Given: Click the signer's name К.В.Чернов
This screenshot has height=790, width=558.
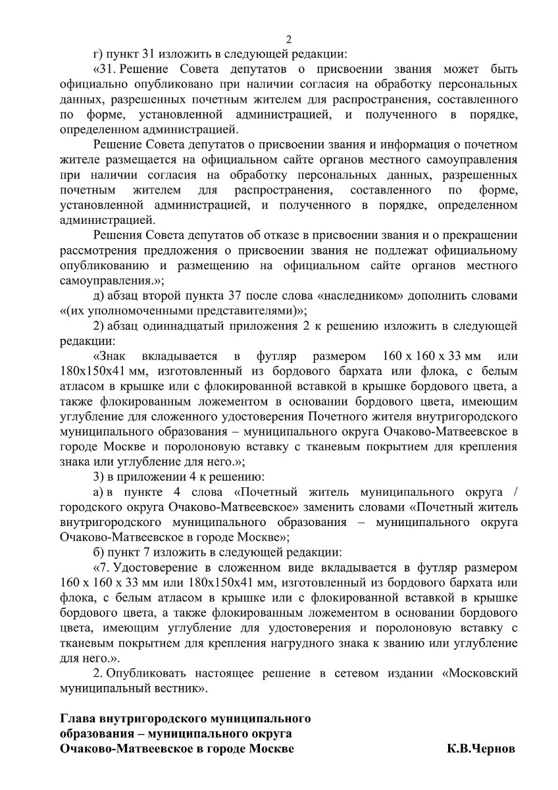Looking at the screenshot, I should click(482, 749).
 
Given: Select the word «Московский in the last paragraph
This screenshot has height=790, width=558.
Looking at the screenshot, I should click(480, 673).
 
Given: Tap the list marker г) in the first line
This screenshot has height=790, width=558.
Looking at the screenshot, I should click(99, 54).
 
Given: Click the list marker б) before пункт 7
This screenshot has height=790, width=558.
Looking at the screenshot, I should click(100, 552).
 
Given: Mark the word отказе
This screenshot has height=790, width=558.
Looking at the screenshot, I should click(270, 236).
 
